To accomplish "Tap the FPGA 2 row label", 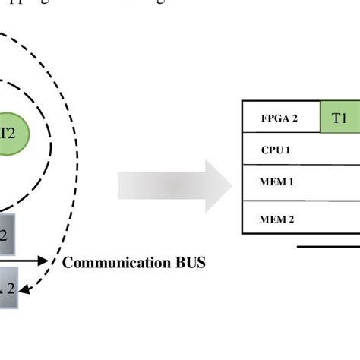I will click(279, 118).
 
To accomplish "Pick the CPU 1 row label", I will click(276, 150).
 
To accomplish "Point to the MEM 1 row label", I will click(276, 182).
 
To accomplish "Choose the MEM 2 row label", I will click(276, 219).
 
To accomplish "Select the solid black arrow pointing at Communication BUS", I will click(30, 261).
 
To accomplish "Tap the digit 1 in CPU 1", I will click(288, 150).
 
